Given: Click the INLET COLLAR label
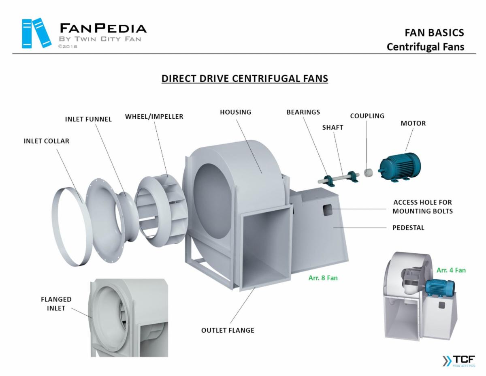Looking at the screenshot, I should pos(46,141).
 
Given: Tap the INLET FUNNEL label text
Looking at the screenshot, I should pos(88,119).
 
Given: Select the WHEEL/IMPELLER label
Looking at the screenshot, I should pos(154,117).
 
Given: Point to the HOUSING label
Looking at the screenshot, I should pos(235,112).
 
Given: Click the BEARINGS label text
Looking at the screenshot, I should pos(303,112).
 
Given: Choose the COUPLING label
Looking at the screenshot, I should pos(367,116).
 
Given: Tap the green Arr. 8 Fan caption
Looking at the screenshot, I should pos(323,278).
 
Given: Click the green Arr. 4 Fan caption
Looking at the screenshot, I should pos(451,270).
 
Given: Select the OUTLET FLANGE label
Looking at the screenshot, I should pos(228,330).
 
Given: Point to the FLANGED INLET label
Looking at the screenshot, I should pos(56,304).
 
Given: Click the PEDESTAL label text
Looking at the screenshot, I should pos(408,228).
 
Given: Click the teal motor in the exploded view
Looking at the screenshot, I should pos(399,167).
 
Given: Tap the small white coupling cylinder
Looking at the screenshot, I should pos(369,173).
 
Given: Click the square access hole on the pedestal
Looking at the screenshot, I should pos(327,209).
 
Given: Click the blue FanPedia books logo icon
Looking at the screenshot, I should pos(36,33).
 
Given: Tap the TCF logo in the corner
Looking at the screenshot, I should pos(458,361).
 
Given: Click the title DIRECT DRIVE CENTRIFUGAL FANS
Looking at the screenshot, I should pos(245,78).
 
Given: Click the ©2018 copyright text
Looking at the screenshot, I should pos(68,47).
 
